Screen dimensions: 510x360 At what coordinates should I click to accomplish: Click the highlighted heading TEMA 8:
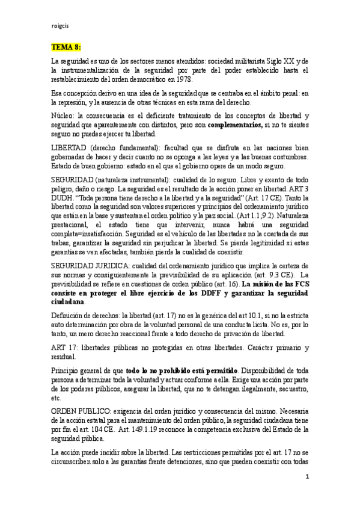pos(66,46)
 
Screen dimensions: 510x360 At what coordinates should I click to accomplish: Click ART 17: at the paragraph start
pos(64,348)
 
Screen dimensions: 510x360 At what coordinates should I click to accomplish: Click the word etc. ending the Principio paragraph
pos(56,398)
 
